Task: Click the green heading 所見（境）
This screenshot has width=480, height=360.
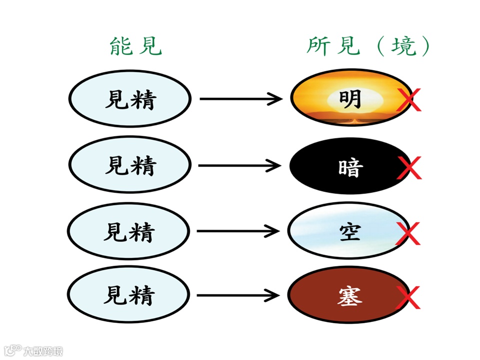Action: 368,46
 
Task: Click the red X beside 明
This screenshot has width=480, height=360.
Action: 409,99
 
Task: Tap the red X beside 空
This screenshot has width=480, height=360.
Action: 407,233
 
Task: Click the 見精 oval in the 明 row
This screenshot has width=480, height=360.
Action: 129,99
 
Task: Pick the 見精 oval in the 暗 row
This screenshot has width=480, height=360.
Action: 129,165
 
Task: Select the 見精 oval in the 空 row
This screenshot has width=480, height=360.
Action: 128,231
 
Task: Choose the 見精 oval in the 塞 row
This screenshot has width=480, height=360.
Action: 128,295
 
